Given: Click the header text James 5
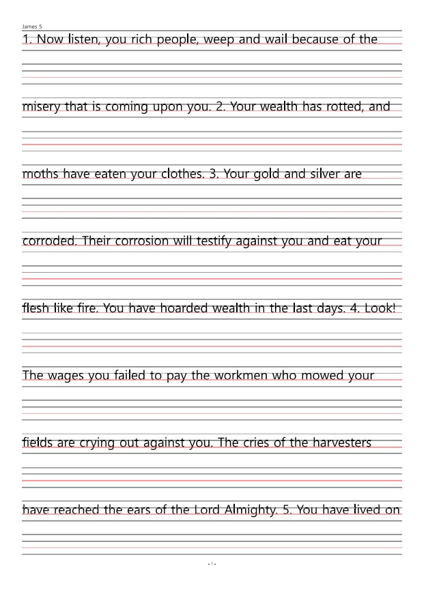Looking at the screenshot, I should pos(32,27).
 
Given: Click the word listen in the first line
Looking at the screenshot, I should pos(83,40).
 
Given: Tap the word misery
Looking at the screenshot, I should pos(42,107).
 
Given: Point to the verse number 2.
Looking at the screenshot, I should pos(220,107).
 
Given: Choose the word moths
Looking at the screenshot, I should pos(41,174).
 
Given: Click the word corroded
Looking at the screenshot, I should pos(50,241).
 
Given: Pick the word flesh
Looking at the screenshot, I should pos(35,308).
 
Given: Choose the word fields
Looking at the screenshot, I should pos(38,442).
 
